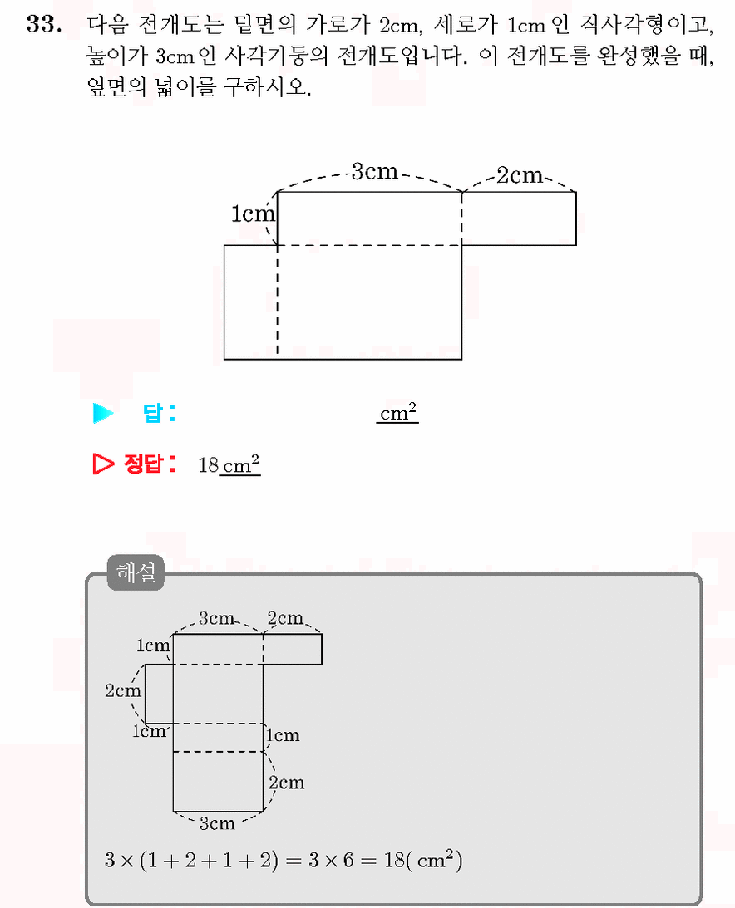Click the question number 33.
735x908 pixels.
pos(44,24)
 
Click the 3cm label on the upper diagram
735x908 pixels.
pos(375,171)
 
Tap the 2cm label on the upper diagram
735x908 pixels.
pos(520,175)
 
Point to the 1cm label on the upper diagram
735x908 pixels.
pos(253,214)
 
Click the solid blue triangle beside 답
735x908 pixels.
pos(102,413)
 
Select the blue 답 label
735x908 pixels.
pos(158,413)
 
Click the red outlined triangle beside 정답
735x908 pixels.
pos(102,464)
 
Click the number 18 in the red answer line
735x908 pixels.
pos(208,465)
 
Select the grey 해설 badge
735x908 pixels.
pos(136,572)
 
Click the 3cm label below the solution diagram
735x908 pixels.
pos(217,823)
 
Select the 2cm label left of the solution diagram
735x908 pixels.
pos(123,690)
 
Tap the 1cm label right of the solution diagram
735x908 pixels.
pos(283,735)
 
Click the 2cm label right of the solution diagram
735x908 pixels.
pos(286,783)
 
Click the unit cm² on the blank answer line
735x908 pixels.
pos(398,412)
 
